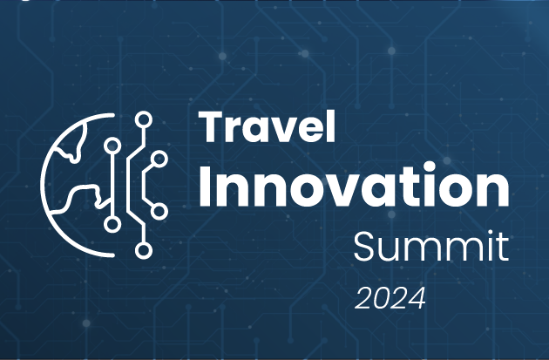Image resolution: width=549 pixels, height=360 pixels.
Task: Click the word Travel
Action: (x=267, y=129)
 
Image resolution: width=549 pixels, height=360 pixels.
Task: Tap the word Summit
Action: (x=430, y=248)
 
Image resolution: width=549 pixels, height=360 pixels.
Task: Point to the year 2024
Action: (x=390, y=298)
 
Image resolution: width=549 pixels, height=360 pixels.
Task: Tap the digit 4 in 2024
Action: (x=417, y=298)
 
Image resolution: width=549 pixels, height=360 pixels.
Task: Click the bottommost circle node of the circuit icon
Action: (x=144, y=250)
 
